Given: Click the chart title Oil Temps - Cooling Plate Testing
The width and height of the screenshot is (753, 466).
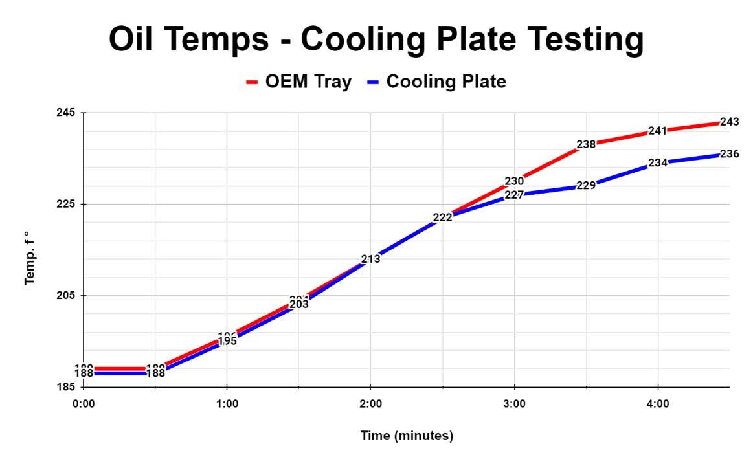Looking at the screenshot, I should pyautogui.click(x=376, y=39).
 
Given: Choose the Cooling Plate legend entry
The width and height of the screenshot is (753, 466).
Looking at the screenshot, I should pyautogui.click(x=437, y=82).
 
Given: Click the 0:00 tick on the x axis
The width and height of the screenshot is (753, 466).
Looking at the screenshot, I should pyautogui.click(x=84, y=404).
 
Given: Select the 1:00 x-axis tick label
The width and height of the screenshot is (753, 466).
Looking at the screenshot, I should pyautogui.click(x=227, y=404).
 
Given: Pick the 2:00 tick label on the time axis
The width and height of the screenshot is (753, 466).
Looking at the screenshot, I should pyautogui.click(x=370, y=404).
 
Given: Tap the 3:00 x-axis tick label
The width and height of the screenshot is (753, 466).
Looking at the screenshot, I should pyautogui.click(x=514, y=404).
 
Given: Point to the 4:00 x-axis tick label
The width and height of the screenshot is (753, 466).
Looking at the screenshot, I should pyautogui.click(x=658, y=404).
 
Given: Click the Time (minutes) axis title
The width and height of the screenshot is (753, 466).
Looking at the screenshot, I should pyautogui.click(x=407, y=436).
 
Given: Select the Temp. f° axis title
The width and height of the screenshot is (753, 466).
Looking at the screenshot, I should pyautogui.click(x=29, y=258).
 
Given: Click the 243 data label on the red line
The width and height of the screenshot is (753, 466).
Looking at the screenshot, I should pyautogui.click(x=730, y=122).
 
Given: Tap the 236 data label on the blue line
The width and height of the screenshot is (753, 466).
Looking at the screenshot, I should pyautogui.click(x=730, y=154).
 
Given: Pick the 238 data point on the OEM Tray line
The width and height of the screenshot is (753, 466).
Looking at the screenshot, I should pyautogui.click(x=586, y=144).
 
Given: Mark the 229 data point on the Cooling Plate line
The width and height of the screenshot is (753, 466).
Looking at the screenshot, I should pyautogui.click(x=586, y=186).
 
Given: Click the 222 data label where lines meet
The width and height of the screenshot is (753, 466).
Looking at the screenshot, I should pyautogui.click(x=442, y=217).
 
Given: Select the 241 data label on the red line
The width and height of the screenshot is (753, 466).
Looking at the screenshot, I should pyautogui.click(x=658, y=131).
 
